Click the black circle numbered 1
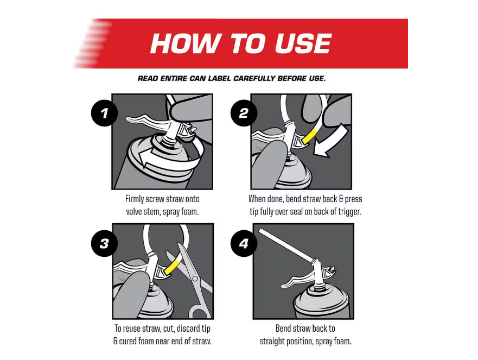104,113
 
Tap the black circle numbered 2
244,113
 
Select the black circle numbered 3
104,243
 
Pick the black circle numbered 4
244,243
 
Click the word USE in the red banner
303,43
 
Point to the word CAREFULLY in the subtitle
254,78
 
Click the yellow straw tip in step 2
309,136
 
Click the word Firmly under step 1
135,199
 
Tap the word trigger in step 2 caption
349,212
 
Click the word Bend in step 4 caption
283,329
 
